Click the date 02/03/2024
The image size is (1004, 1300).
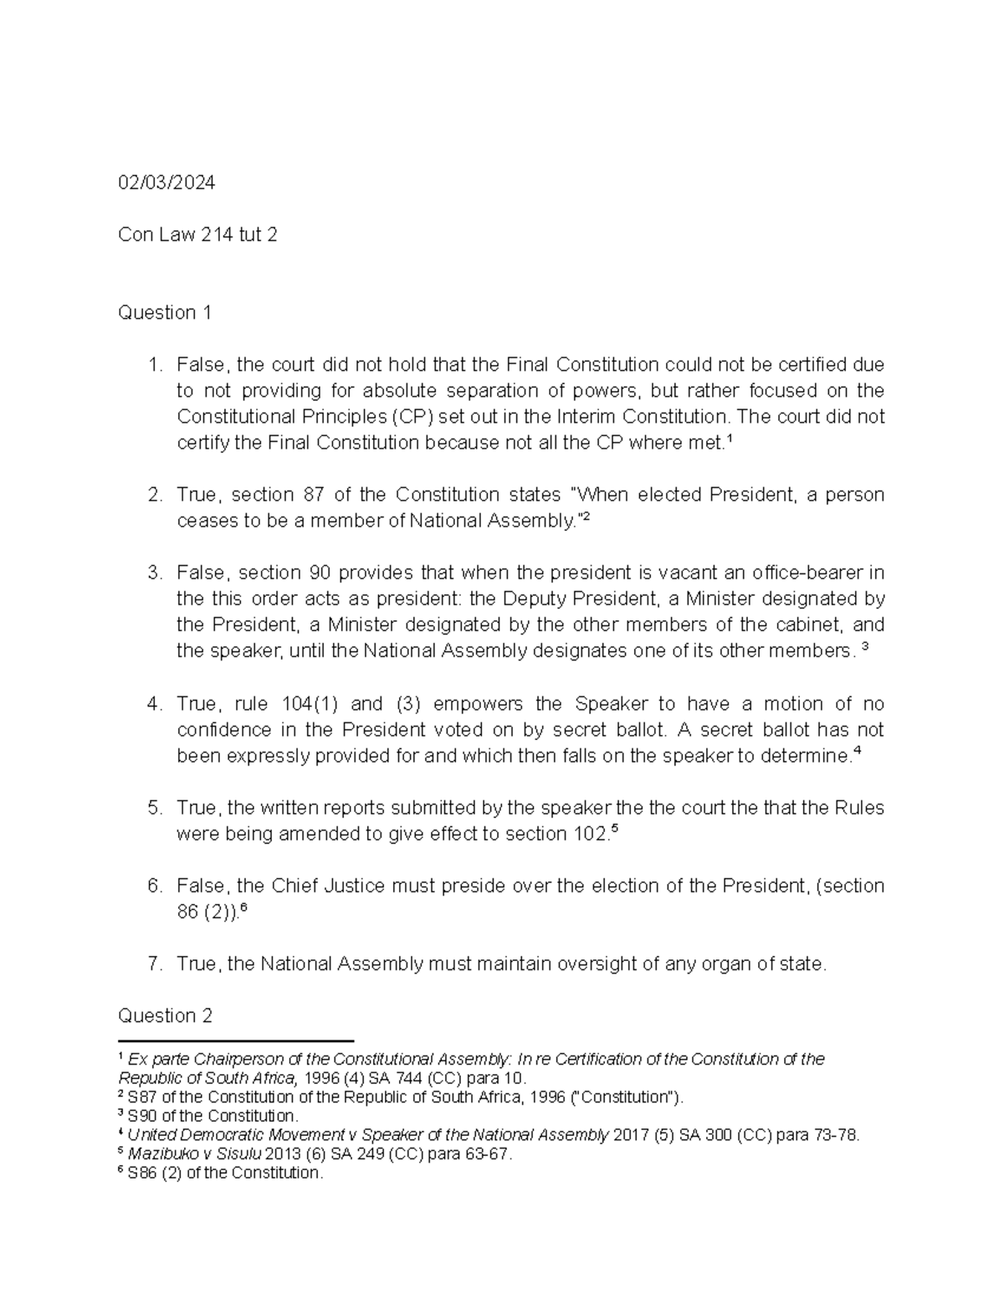coord(166,182)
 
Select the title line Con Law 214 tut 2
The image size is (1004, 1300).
coord(197,235)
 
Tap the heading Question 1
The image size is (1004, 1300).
coord(165,313)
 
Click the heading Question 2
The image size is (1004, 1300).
coord(165,1016)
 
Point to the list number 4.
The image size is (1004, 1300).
coord(154,704)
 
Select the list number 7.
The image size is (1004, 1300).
coord(154,964)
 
